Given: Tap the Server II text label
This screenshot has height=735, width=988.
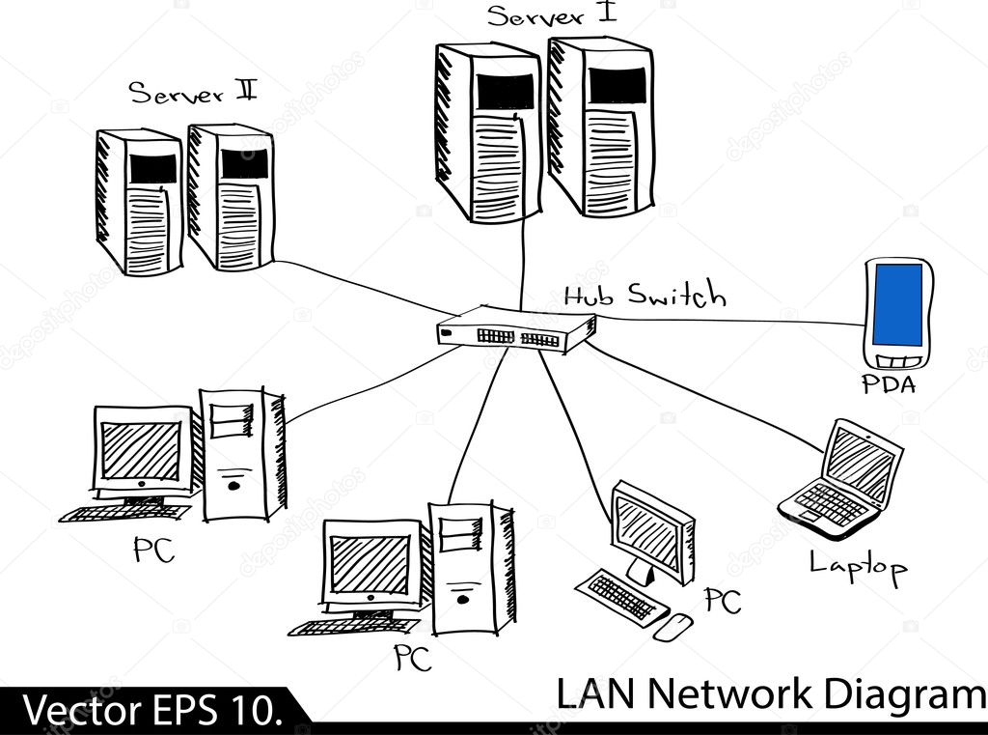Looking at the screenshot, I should (x=193, y=94).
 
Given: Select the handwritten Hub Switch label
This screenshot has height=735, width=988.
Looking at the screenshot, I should (x=644, y=295).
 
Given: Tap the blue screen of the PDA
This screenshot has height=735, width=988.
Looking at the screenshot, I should (x=896, y=305).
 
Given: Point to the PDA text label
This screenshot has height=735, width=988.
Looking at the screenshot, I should (x=889, y=386).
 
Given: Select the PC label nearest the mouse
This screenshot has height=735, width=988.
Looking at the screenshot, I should (x=722, y=601).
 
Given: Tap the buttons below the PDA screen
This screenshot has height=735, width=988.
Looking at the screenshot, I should (x=896, y=359).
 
